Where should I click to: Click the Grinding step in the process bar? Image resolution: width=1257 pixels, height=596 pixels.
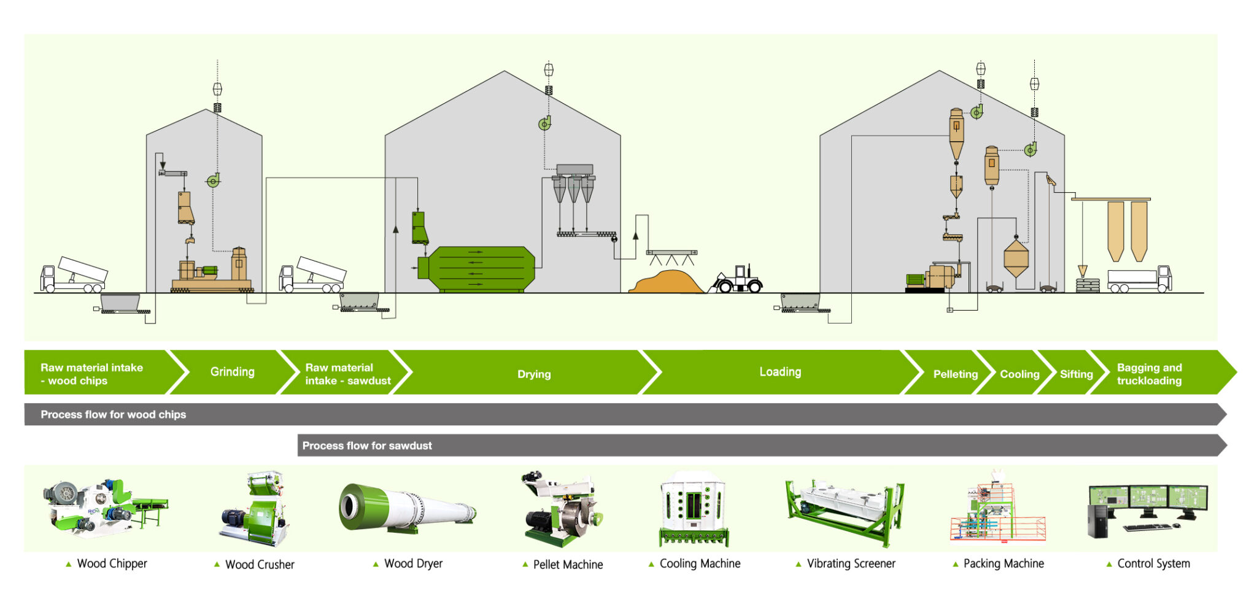(x=232, y=372)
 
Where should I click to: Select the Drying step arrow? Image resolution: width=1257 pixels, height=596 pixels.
(x=533, y=374)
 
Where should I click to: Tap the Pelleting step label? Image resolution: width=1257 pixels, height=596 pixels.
(x=955, y=374)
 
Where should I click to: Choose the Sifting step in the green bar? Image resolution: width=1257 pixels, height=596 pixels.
(x=1075, y=374)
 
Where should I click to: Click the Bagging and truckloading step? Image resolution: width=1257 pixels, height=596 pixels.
(x=1149, y=374)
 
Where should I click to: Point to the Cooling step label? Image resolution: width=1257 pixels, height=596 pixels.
(x=1019, y=374)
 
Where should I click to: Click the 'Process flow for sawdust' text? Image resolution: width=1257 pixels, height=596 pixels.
(x=367, y=446)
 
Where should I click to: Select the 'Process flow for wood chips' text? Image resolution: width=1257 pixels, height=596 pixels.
(x=114, y=414)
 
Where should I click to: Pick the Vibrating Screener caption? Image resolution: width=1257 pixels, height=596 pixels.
(x=851, y=563)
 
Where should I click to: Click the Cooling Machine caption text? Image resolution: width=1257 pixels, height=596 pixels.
(x=700, y=563)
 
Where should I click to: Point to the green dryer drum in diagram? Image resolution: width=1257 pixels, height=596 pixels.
(x=481, y=269)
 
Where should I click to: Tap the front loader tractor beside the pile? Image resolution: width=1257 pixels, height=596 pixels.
(x=738, y=280)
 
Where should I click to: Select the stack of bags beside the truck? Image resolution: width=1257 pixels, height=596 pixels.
(x=1088, y=285)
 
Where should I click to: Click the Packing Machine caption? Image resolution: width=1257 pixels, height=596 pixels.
(x=1003, y=563)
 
